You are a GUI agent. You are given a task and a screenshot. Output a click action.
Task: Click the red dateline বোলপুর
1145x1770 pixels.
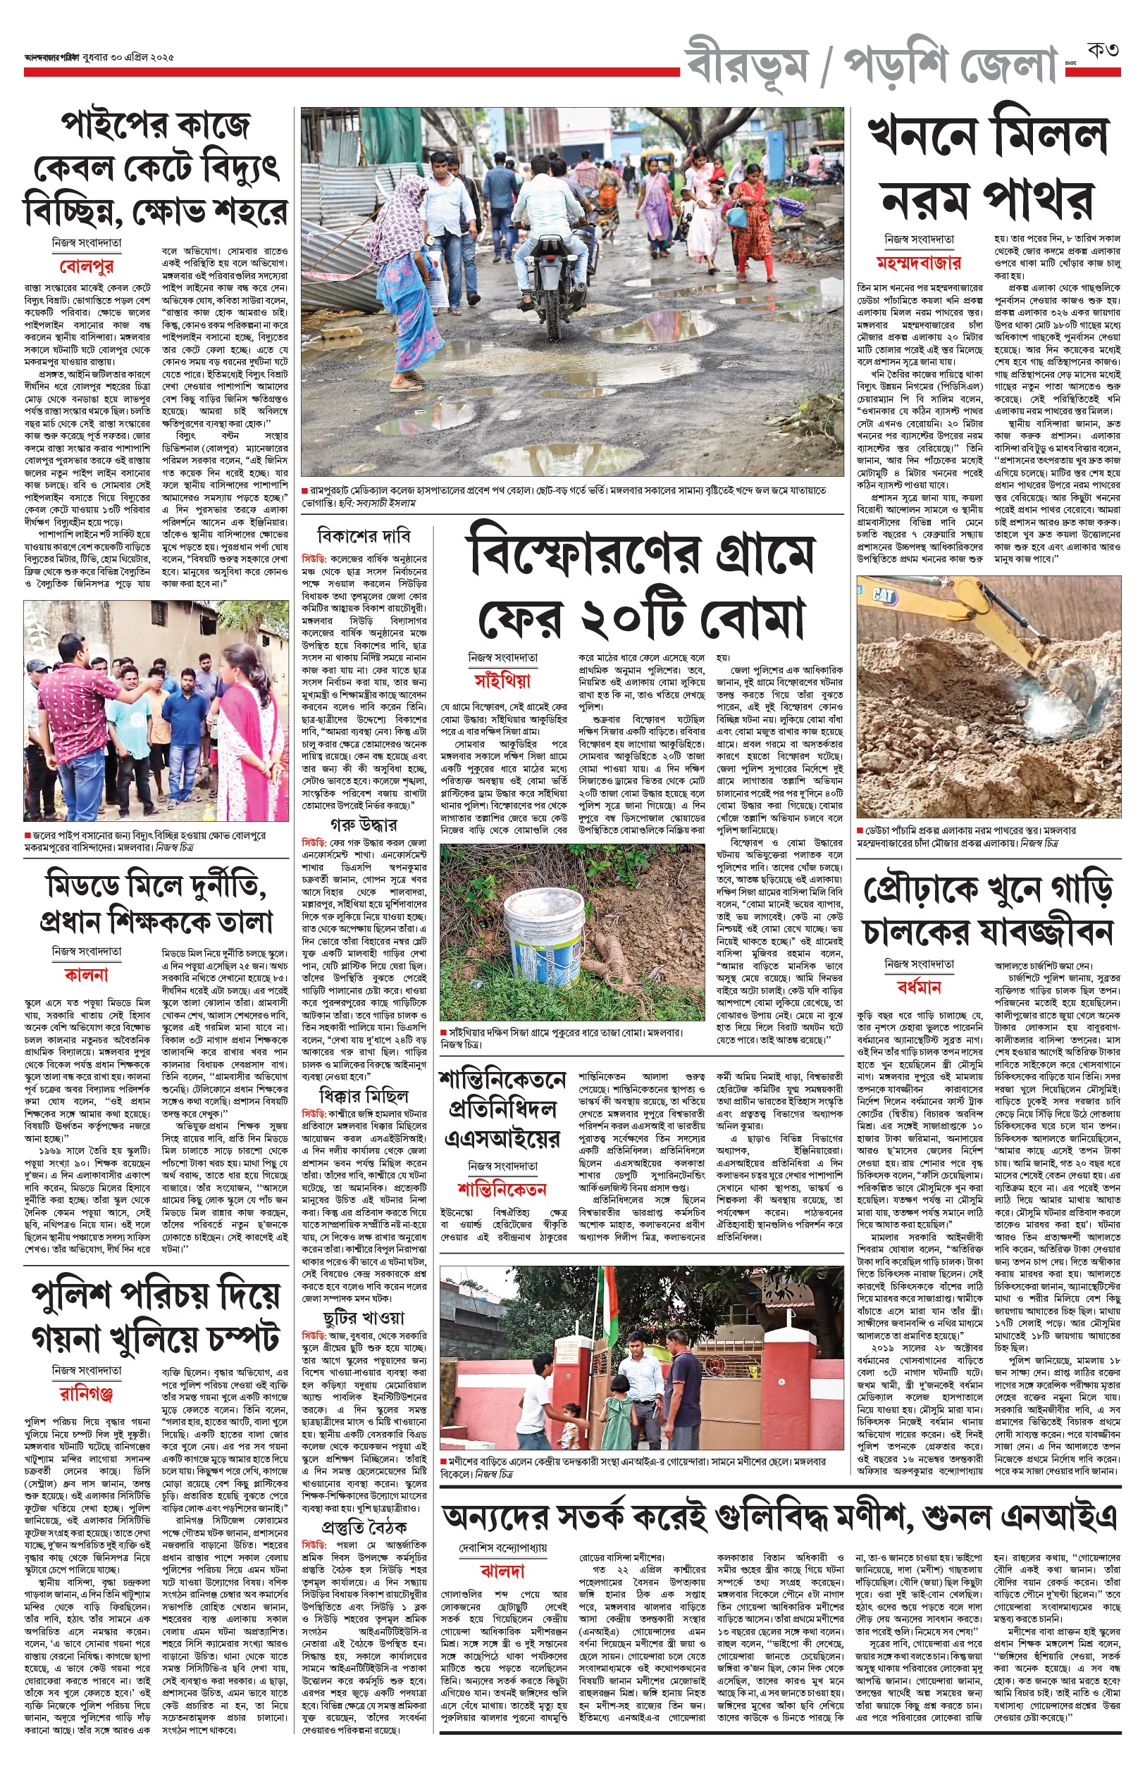coord(86,266)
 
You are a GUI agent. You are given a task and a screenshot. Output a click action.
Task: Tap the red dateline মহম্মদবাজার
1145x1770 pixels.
coord(918,262)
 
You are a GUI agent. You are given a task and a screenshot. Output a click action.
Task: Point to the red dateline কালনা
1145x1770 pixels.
coord(86,974)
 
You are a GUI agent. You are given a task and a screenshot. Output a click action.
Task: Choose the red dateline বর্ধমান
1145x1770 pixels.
coord(919,987)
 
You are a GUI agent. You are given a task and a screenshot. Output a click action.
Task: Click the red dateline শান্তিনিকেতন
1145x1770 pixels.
coord(502,1189)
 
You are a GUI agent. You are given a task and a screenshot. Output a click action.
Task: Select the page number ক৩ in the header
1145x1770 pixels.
coord(1103,51)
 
